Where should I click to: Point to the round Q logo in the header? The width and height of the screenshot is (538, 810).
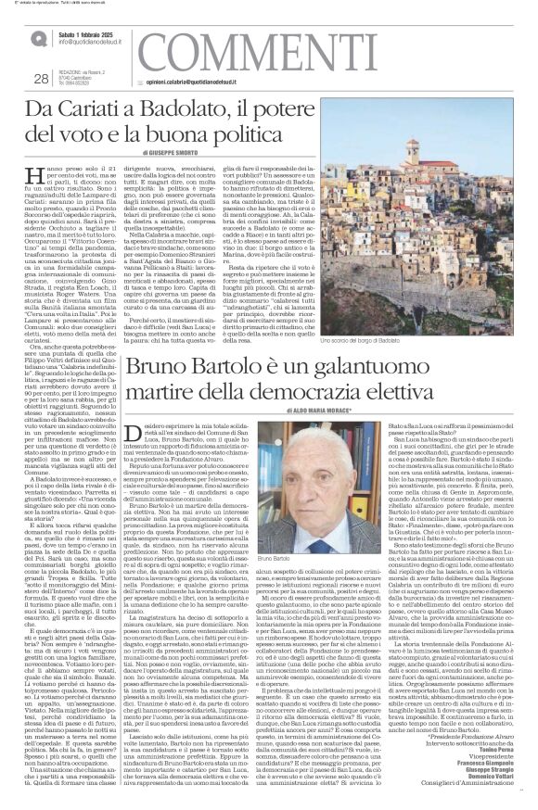pos(37,38)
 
